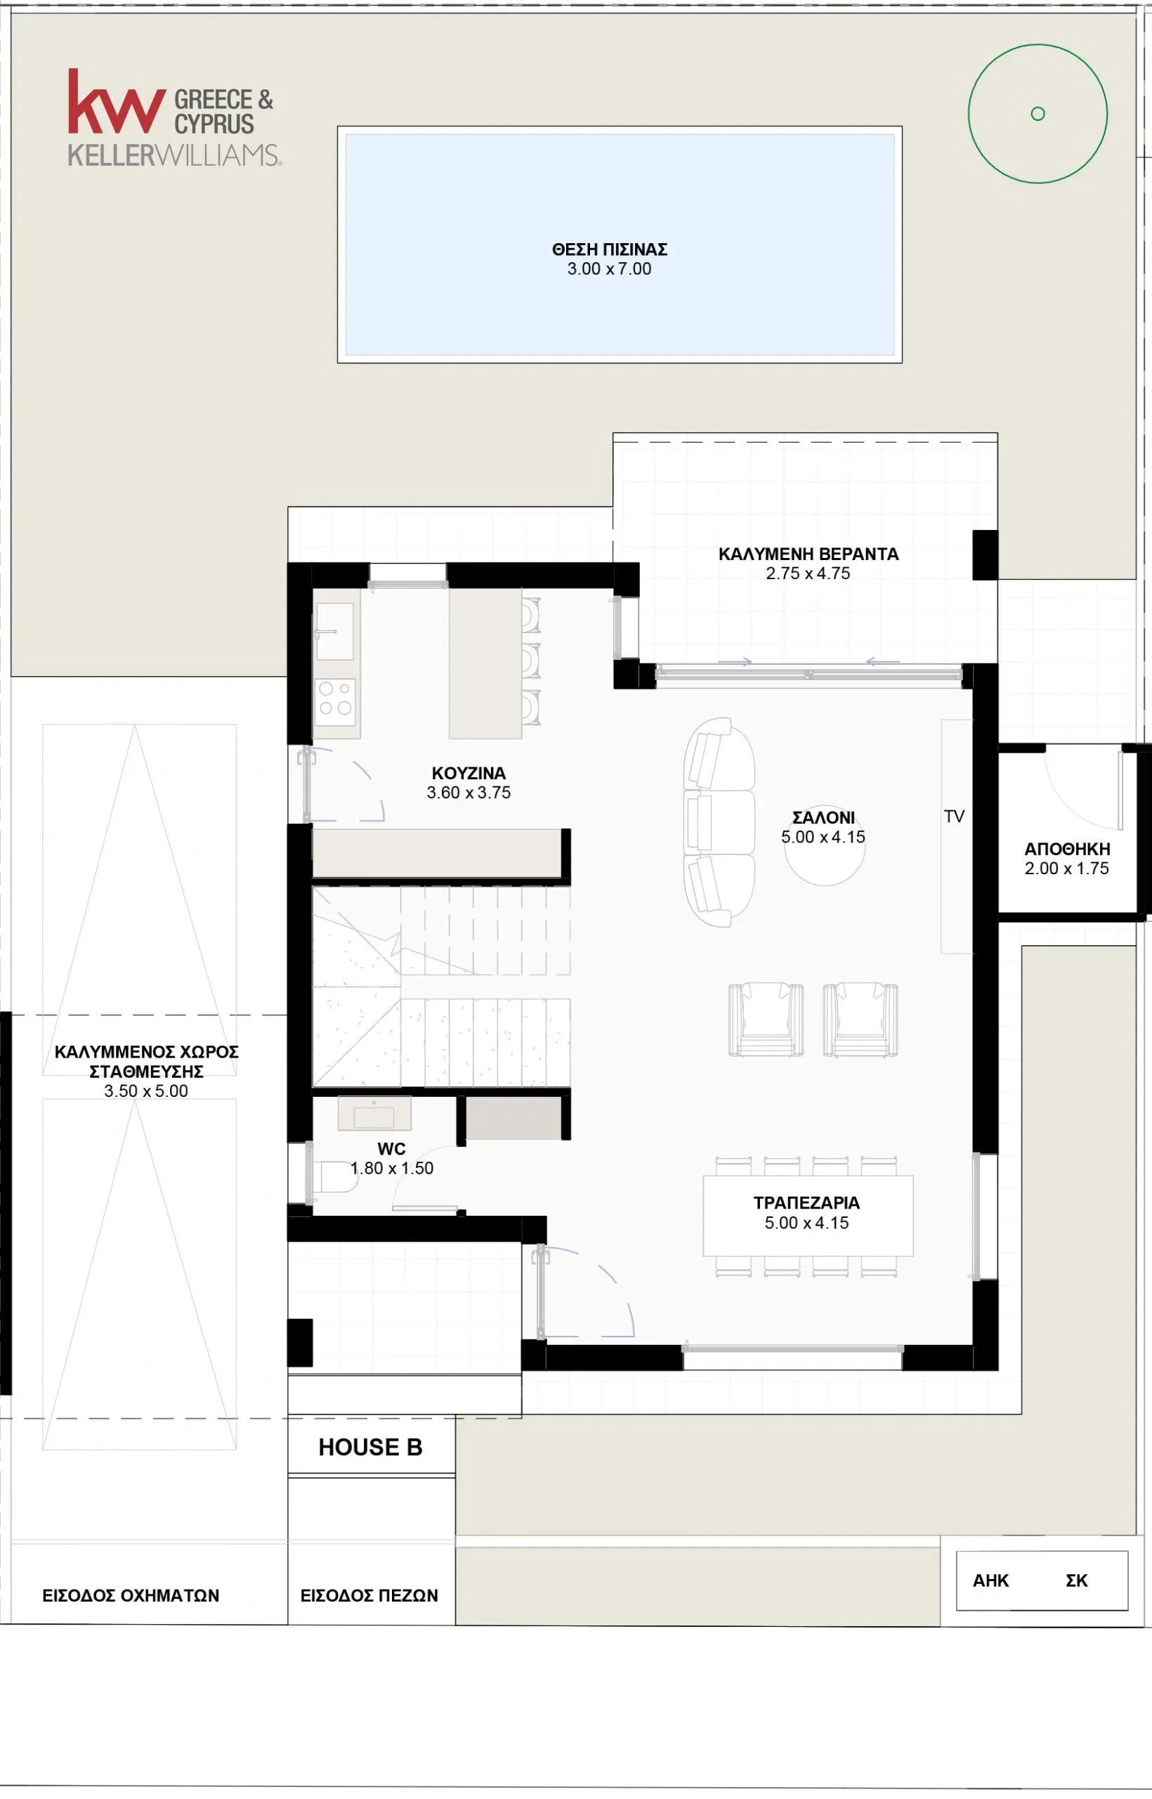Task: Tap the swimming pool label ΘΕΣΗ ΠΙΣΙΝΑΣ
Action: coord(610,249)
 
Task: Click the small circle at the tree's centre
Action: coord(1038,114)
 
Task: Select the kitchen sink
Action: coord(334,631)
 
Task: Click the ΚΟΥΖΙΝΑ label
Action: coord(469,773)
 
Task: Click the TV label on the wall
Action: coord(954,817)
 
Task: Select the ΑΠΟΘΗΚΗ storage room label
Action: coord(1067,850)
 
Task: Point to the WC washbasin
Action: coord(374,1114)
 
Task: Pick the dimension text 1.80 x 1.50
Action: coord(392,1168)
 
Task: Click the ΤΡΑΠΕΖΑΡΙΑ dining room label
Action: coord(806,1202)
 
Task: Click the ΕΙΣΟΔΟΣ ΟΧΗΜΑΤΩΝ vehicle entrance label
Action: coord(131,1595)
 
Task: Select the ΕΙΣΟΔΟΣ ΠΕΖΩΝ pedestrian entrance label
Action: coord(369,1595)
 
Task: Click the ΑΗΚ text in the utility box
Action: coord(990,1580)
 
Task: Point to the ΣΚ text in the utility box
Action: coord(1076,1580)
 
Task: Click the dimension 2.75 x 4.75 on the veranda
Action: coord(808,573)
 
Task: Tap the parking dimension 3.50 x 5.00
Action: coord(146,1091)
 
